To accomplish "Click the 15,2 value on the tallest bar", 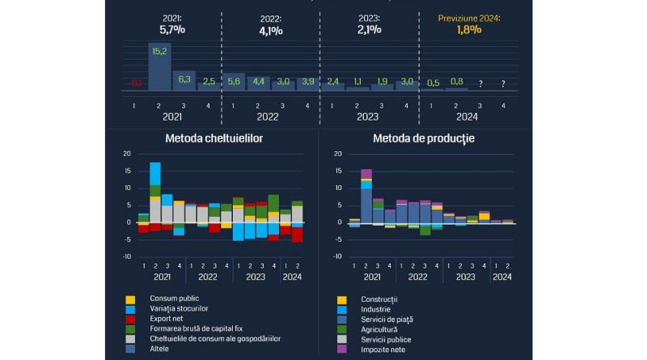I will pyautogui.click(x=159, y=51).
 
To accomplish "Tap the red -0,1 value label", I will pyautogui.click(x=135, y=83).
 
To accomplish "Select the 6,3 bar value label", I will pyautogui.click(x=184, y=78).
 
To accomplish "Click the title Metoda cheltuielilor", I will pyautogui.click(x=214, y=138).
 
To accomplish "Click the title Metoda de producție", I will pyautogui.click(x=423, y=138).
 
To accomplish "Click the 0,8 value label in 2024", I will pyautogui.click(x=457, y=82).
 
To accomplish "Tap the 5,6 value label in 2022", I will pyautogui.click(x=235, y=82).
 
